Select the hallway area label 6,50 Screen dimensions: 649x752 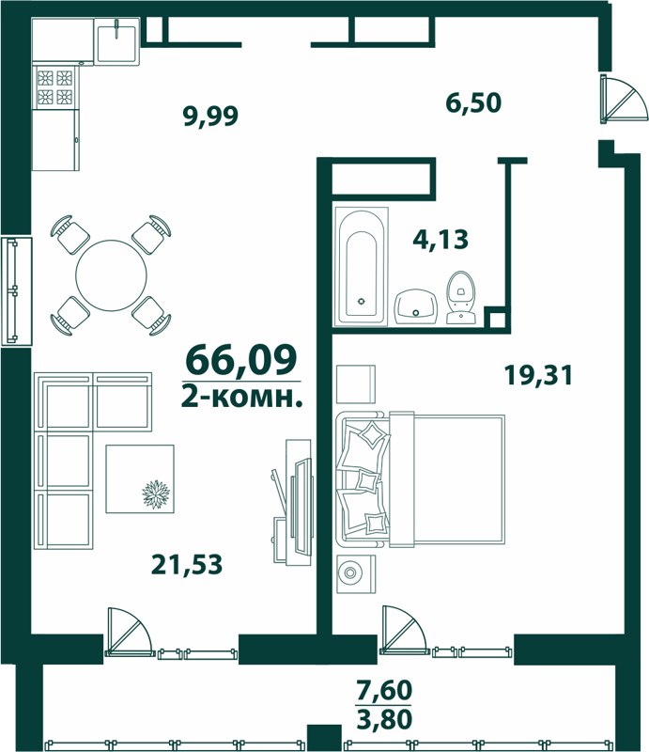473,102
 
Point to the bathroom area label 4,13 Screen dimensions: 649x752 440,239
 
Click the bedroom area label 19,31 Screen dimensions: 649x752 538,375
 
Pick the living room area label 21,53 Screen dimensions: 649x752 187,564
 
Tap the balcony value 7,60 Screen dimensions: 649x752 384,691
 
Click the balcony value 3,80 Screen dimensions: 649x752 384,718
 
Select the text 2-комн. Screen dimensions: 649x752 242,397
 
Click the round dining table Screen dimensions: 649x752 111,275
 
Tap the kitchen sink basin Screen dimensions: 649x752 117,41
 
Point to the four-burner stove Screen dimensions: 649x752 54,87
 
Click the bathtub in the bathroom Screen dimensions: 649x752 361,266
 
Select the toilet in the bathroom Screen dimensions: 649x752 461,298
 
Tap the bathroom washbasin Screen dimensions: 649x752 416,307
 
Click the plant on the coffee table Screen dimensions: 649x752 156,494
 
